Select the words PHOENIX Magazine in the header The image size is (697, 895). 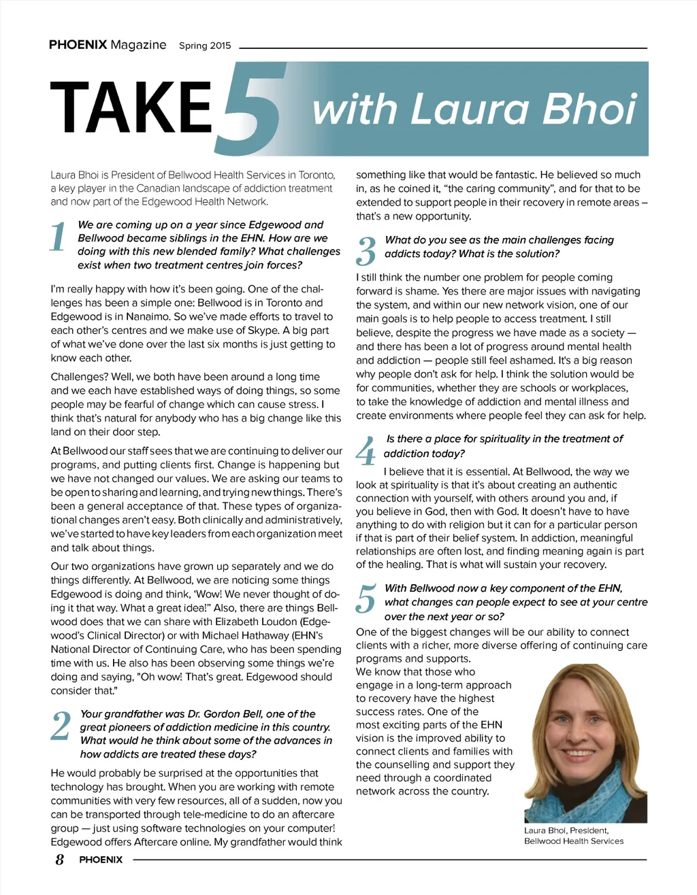[x=108, y=45]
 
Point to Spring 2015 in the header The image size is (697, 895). [x=205, y=46]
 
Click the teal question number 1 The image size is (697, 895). [x=59, y=237]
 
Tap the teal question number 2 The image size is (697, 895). [x=61, y=726]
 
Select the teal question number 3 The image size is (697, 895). [x=366, y=252]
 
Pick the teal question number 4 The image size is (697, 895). [x=366, y=451]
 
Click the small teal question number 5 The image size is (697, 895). [x=366, y=598]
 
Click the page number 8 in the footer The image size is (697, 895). [x=60, y=860]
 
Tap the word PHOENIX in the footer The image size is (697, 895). [x=101, y=860]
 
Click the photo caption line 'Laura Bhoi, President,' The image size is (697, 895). [x=566, y=830]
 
